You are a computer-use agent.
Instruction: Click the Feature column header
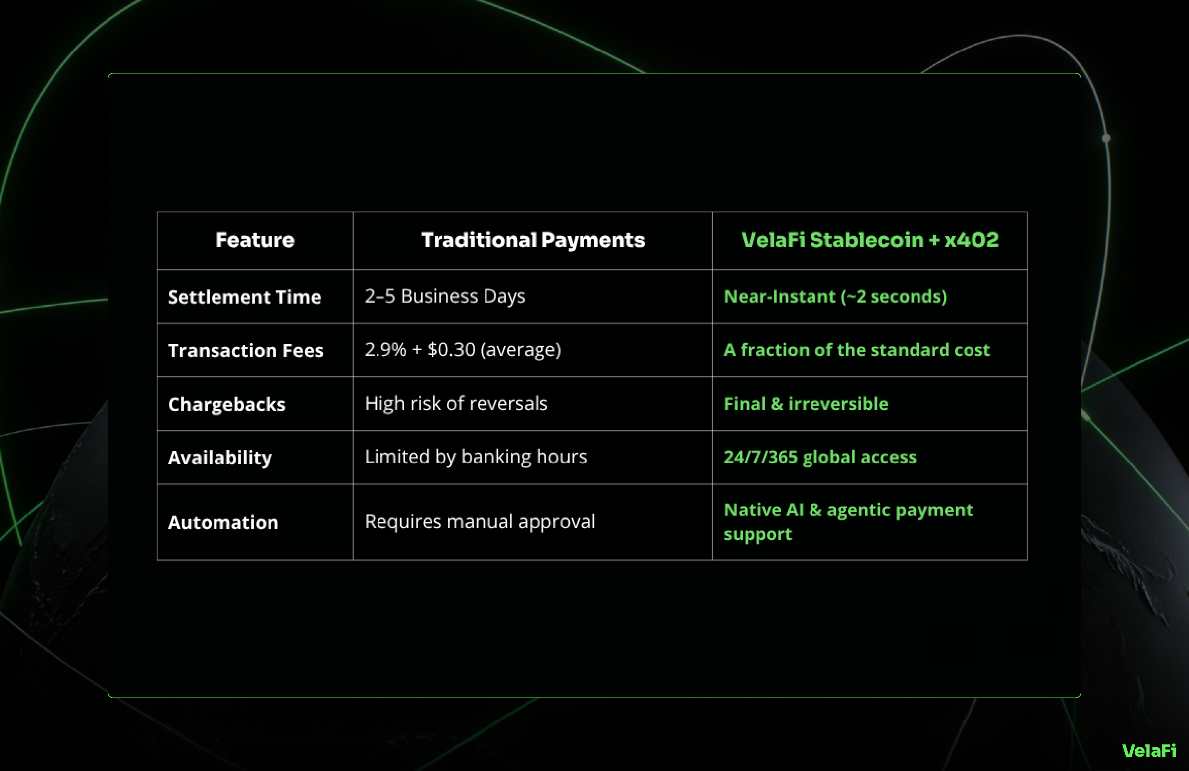[x=255, y=240]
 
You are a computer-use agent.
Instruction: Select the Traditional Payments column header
[x=533, y=240]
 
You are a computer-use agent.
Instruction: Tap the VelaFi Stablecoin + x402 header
[x=870, y=240]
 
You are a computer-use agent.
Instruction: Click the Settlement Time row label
[x=244, y=297]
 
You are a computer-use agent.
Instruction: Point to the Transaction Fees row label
[x=246, y=350]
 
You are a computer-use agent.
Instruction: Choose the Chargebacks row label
[x=227, y=404]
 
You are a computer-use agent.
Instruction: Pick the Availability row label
[x=220, y=458]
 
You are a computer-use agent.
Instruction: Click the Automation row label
[x=223, y=522]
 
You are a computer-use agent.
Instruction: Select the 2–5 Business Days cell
[x=444, y=296]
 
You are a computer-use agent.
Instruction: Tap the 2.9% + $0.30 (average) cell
[x=463, y=350]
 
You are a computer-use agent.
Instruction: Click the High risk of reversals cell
[x=456, y=403]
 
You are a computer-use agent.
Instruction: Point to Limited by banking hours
[x=476, y=457]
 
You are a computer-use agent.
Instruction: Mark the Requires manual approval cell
[x=480, y=521]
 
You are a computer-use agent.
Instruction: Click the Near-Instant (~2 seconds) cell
[x=835, y=296]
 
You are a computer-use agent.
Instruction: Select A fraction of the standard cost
[x=857, y=350]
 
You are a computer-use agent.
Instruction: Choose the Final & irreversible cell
[x=807, y=403]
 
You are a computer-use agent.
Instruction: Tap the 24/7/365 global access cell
[x=820, y=457]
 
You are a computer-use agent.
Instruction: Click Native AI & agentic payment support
[x=848, y=522]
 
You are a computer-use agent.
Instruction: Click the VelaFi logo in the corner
[x=1149, y=751]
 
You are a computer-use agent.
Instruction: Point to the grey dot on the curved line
[x=1106, y=138]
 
